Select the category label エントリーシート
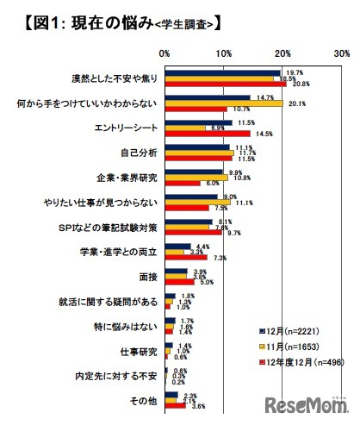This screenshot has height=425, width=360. [x=126, y=128]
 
